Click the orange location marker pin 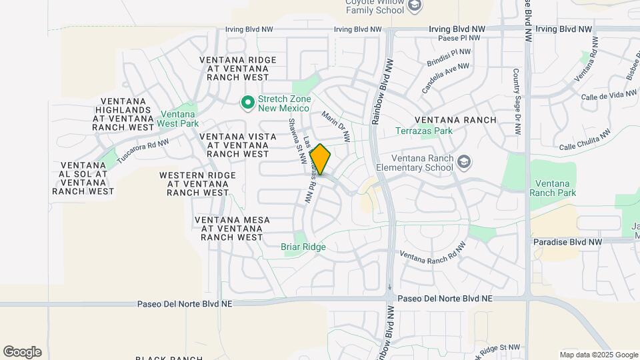320,159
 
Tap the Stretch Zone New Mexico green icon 247,103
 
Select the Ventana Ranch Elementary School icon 464,162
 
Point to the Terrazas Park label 423,131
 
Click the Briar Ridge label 303,247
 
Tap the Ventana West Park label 179,119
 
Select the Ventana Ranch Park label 553,188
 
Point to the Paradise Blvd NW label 567,241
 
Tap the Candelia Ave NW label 445,78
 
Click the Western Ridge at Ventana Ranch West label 197,183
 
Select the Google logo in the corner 22,352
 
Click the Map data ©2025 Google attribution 599,355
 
